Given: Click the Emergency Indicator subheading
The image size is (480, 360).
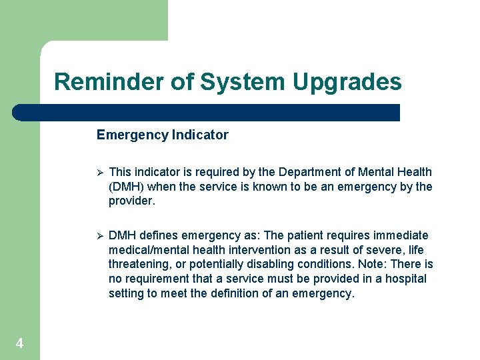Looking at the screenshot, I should click(x=162, y=135).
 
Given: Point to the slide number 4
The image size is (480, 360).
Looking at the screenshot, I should click(x=19, y=344).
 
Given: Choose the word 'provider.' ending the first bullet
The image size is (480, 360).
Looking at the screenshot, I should click(x=131, y=201).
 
